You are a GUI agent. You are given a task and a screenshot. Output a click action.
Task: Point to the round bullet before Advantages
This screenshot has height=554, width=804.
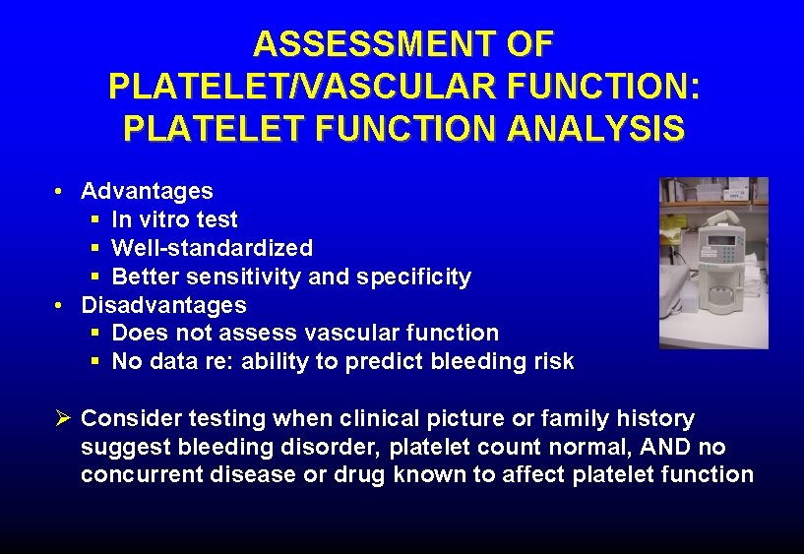[x=60, y=191]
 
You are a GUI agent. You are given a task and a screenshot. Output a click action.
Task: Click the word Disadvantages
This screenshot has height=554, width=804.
[x=163, y=305]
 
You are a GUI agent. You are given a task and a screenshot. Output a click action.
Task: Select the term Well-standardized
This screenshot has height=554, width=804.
[x=212, y=248]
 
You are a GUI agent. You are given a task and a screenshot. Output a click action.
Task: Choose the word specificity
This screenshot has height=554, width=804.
[x=414, y=277]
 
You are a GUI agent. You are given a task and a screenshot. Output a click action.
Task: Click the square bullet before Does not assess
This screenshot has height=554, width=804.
[x=94, y=334]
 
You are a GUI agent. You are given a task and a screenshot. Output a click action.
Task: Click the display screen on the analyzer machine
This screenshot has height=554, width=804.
[x=723, y=243]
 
